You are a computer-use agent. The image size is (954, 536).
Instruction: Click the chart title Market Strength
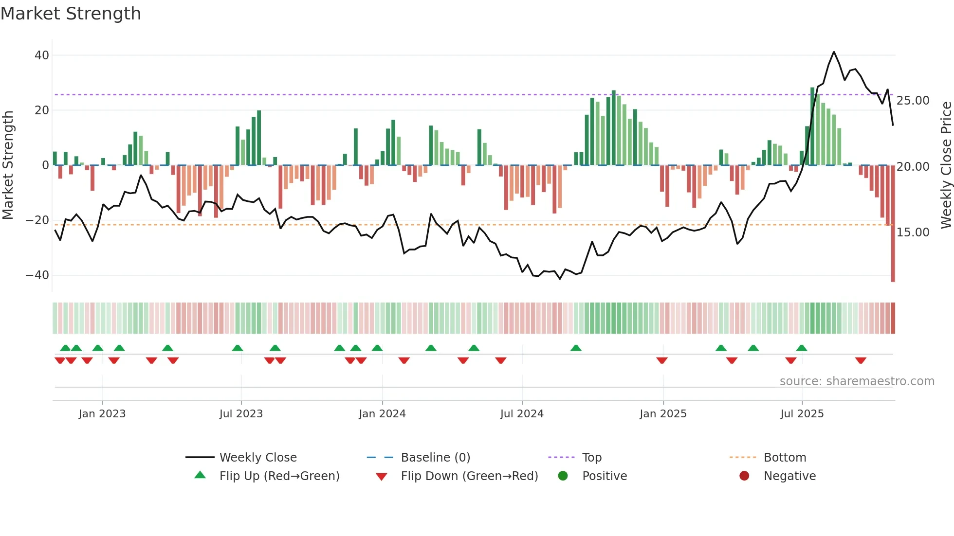click(x=71, y=14)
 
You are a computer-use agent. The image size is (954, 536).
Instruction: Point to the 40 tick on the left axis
click(x=42, y=55)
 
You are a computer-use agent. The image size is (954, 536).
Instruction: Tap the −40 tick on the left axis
click(x=37, y=275)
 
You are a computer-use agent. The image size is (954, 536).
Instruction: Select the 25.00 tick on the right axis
click(x=913, y=101)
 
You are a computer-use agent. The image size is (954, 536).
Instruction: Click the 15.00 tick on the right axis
click(x=913, y=232)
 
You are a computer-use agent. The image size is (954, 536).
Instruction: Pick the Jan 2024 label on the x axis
click(x=382, y=414)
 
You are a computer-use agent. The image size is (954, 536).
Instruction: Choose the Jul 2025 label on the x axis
click(x=802, y=414)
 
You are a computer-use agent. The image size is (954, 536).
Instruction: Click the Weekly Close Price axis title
click(x=946, y=165)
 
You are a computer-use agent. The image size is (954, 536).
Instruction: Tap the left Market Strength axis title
click(x=8, y=165)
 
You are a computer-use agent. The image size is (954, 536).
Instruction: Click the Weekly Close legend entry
click(x=257, y=458)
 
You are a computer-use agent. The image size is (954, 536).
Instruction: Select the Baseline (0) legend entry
click(x=435, y=458)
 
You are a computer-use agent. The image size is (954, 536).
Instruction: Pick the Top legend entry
click(x=591, y=458)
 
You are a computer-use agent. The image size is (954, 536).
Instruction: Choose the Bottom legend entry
click(x=785, y=458)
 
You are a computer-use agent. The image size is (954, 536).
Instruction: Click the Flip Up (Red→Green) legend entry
click(x=279, y=476)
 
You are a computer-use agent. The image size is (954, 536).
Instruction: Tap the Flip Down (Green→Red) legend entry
click(x=469, y=476)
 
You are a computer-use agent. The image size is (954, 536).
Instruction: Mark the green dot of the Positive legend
click(x=563, y=476)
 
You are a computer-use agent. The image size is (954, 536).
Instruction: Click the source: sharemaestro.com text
click(x=857, y=381)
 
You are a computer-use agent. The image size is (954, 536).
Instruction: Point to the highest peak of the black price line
click(x=834, y=52)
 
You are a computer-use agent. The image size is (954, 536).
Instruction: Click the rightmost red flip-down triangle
click(x=861, y=360)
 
